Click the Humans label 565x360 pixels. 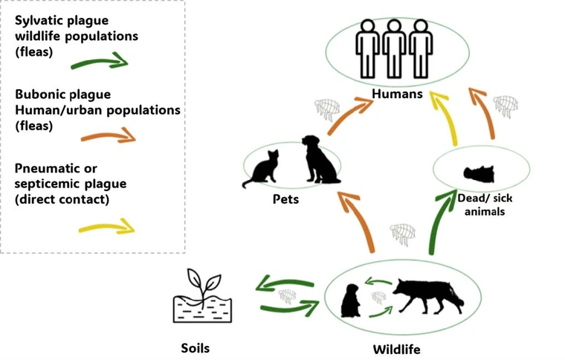(398, 94)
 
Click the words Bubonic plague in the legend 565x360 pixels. (63, 94)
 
